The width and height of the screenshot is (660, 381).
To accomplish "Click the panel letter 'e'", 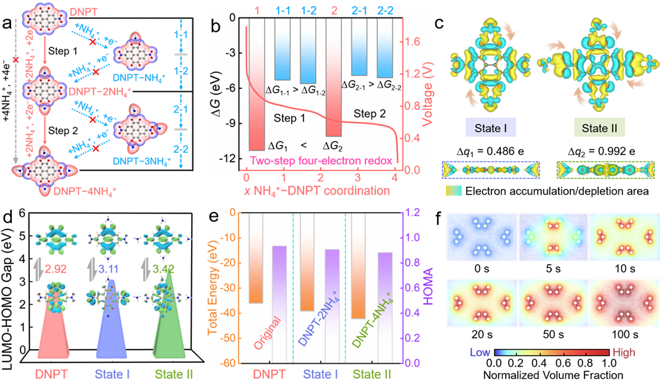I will [x=215, y=218].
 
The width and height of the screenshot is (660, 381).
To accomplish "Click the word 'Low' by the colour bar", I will [x=480, y=352].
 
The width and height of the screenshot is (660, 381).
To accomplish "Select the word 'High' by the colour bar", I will [x=622, y=352].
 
